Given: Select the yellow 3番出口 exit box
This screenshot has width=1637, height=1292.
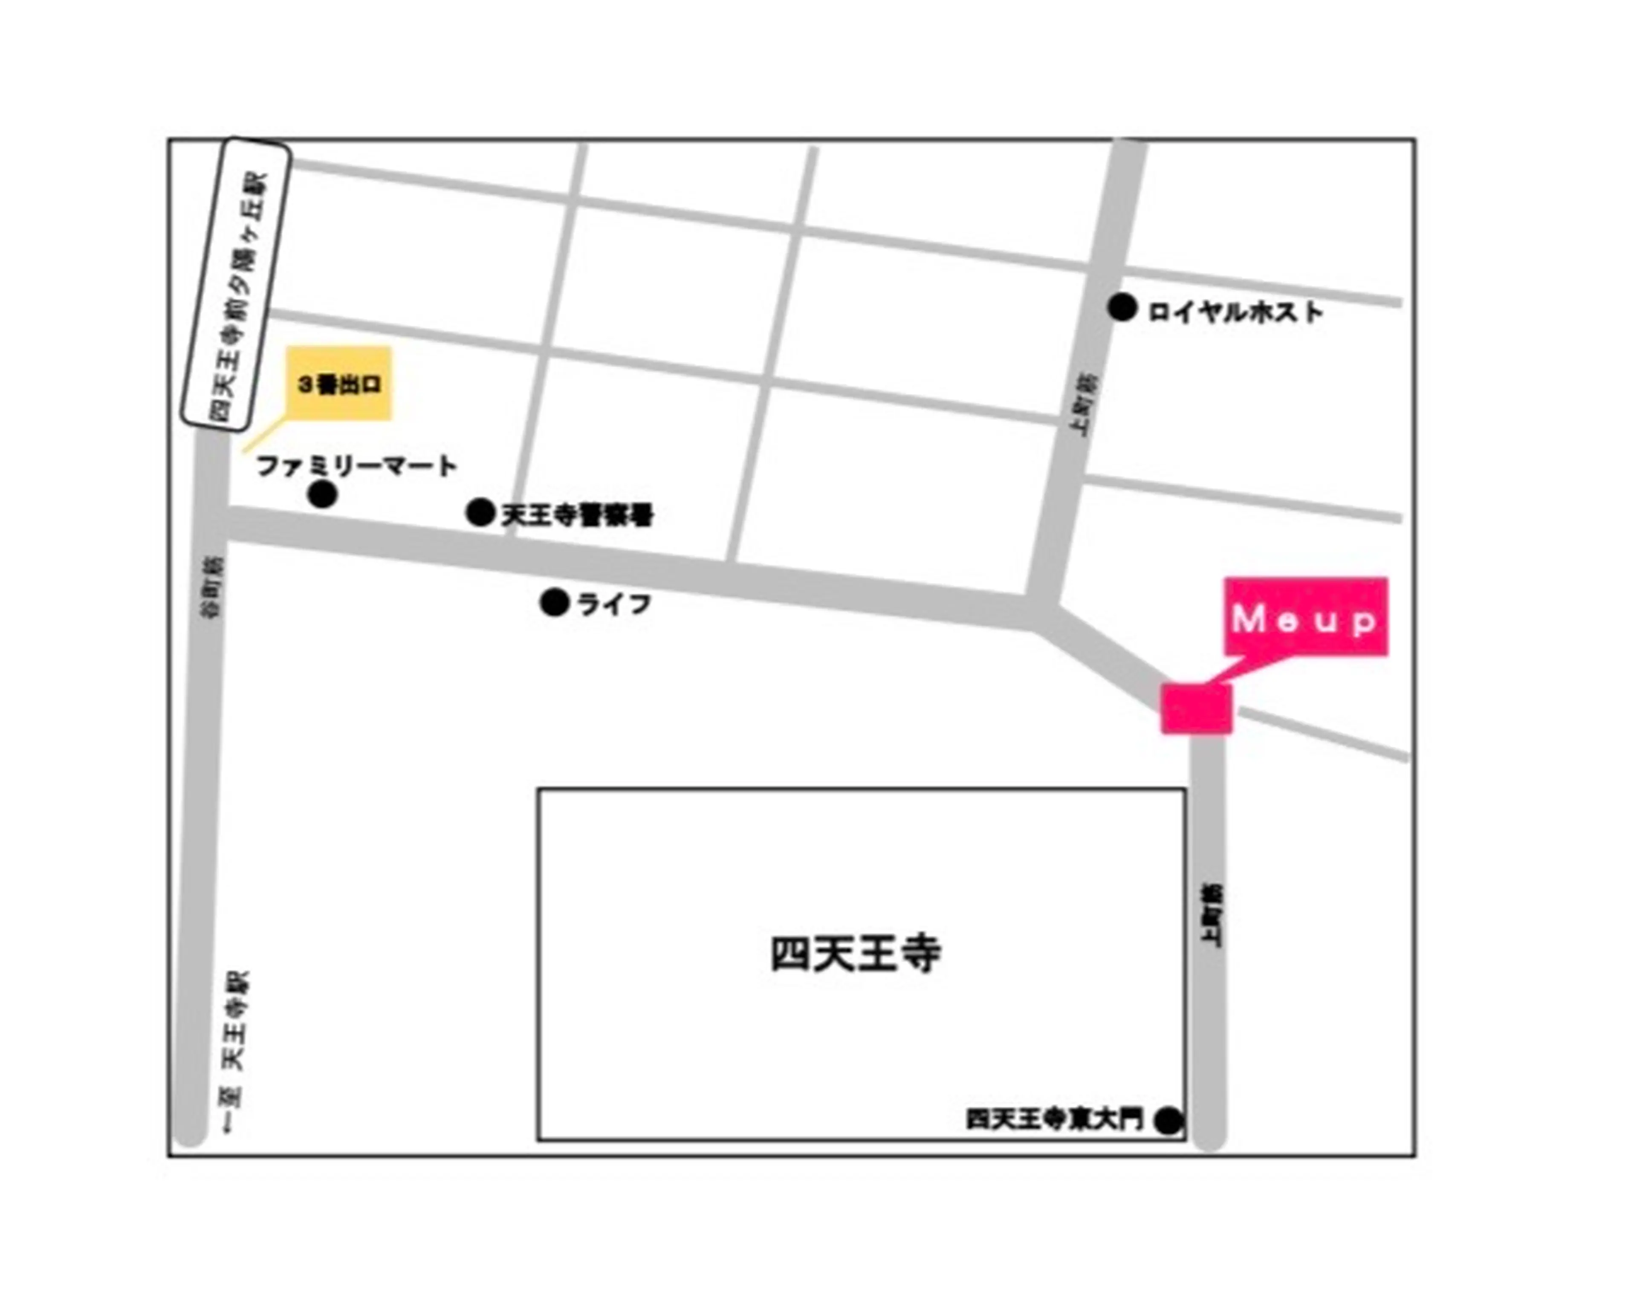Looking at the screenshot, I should [x=339, y=384].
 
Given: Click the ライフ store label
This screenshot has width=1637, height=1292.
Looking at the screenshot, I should [x=614, y=604].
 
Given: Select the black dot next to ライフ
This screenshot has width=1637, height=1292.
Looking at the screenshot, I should [x=555, y=603].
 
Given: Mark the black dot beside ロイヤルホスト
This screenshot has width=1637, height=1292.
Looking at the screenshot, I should [x=1122, y=308].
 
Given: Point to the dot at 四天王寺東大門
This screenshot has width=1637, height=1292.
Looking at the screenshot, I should [x=1169, y=1120].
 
